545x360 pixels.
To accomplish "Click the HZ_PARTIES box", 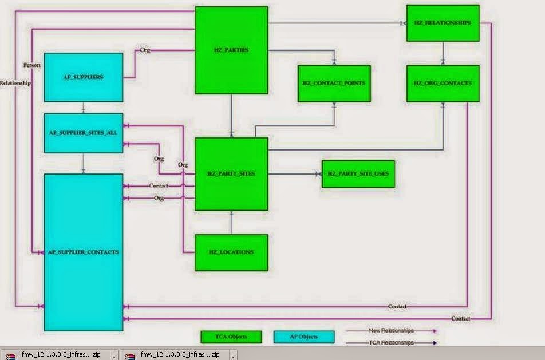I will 231,50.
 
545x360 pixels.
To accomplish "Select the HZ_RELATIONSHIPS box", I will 443,23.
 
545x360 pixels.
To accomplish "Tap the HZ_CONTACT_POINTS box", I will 334,84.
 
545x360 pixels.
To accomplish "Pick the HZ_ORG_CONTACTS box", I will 443,84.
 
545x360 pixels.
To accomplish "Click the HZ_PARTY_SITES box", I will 231,173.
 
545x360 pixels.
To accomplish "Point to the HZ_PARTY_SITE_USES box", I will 358,173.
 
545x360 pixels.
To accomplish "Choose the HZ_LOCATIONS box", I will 231,252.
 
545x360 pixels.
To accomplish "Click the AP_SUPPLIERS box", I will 84,77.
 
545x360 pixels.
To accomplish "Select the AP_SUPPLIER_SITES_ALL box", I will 84,133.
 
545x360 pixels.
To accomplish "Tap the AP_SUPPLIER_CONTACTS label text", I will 84,252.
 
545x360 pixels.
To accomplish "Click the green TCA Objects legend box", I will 231,337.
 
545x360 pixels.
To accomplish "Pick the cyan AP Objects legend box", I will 305,337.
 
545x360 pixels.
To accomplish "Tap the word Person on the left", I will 31,65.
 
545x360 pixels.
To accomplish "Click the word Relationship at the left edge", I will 15,82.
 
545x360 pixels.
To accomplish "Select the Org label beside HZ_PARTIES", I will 145,50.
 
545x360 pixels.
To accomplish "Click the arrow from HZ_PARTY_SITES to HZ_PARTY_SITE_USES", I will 294,173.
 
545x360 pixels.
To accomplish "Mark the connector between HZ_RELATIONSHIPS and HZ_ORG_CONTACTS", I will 443,53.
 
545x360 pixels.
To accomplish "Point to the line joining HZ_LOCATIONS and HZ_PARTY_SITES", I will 231,223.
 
